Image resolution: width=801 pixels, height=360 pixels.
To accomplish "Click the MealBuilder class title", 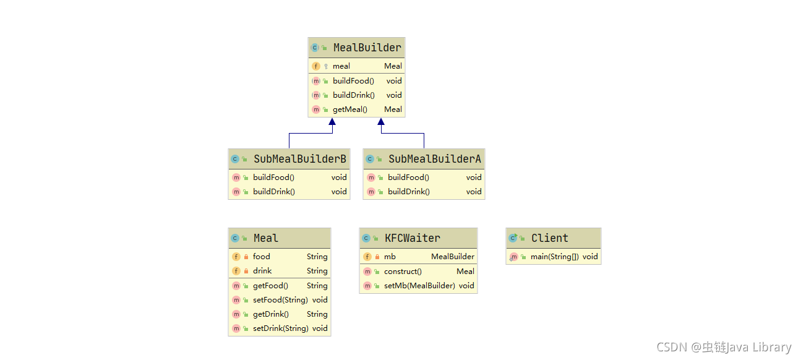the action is [x=367, y=48].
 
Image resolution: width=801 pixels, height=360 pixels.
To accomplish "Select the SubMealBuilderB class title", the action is [x=299, y=159].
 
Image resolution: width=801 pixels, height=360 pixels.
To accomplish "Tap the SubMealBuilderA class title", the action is [x=434, y=159].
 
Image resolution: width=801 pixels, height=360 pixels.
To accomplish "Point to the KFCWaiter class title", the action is [x=413, y=238].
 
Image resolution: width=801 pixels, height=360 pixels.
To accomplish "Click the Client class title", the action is [x=550, y=238].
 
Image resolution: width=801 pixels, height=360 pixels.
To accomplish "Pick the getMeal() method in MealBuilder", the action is [x=349, y=109].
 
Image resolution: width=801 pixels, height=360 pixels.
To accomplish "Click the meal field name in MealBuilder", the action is [x=341, y=66].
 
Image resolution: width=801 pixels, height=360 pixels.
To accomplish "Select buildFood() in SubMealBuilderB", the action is [x=273, y=178].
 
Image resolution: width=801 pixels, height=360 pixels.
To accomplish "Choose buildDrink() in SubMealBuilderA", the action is [x=409, y=192].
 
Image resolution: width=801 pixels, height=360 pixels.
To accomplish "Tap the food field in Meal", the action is [x=262, y=257].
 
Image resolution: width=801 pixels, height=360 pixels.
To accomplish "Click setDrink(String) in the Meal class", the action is [x=281, y=328].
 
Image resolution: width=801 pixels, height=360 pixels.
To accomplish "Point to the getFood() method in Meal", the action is [x=270, y=286].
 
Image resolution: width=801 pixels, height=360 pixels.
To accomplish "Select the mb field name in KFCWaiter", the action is [x=390, y=257].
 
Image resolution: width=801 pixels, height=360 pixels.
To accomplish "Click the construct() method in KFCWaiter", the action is [x=403, y=272].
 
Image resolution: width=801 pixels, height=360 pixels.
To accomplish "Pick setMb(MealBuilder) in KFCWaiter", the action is [x=419, y=286].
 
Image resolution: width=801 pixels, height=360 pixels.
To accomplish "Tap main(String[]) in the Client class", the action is [x=555, y=257].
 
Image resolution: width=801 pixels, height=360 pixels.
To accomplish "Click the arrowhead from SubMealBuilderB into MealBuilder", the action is [x=332, y=122].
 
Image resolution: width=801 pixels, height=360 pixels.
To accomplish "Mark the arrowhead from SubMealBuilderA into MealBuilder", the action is [x=381, y=122].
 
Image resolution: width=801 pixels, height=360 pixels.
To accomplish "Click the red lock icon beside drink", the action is [x=246, y=271].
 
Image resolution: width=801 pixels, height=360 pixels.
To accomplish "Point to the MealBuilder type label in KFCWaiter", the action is [x=453, y=257].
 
